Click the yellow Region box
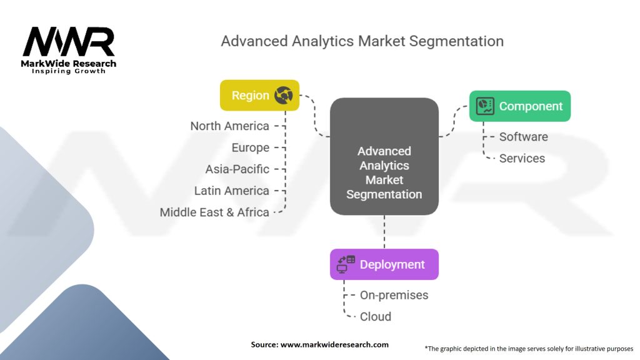[x=259, y=96]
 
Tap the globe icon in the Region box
[x=283, y=96]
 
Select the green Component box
[x=520, y=106]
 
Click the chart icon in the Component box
[x=485, y=106]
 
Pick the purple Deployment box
[x=384, y=264]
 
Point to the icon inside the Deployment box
[x=346, y=264]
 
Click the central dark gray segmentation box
[x=384, y=156]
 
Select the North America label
[x=229, y=126]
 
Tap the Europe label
[x=250, y=147]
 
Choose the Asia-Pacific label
[x=237, y=169]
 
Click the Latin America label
[x=231, y=191]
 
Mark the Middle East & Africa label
[x=214, y=212]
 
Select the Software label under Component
[x=523, y=137]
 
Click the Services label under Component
[x=522, y=158]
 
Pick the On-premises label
[x=394, y=295]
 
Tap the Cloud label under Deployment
[x=375, y=316]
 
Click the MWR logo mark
[x=69, y=42]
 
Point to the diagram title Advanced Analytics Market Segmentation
[x=362, y=42]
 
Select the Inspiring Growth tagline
[x=69, y=71]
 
